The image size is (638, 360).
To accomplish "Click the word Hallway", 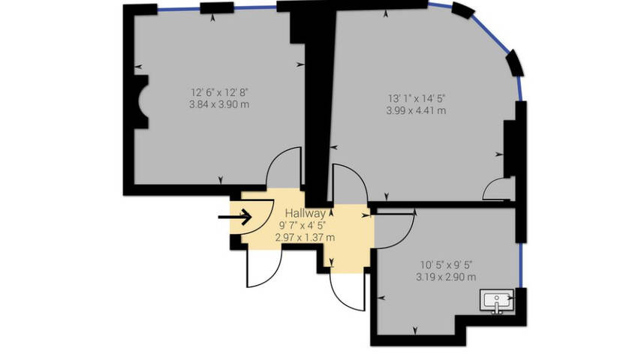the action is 305,213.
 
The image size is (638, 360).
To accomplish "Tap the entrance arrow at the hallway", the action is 235,217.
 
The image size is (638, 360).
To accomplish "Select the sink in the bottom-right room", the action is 497,301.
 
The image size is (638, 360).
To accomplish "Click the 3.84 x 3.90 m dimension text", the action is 219,104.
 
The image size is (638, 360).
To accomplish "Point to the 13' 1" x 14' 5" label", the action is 417,98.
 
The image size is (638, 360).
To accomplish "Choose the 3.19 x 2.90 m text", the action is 446,277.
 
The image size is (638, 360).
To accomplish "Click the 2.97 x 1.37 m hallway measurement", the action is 305,238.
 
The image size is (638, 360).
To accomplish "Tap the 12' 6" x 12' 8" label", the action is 219,92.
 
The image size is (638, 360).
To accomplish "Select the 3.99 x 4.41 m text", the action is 417,111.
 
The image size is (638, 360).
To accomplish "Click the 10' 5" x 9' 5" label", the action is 446,265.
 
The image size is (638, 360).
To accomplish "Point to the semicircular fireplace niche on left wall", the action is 142,102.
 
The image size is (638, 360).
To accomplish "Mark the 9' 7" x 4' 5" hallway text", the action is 302,225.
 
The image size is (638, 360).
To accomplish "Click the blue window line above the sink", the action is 521,265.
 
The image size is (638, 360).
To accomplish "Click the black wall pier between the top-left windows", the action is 217,7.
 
